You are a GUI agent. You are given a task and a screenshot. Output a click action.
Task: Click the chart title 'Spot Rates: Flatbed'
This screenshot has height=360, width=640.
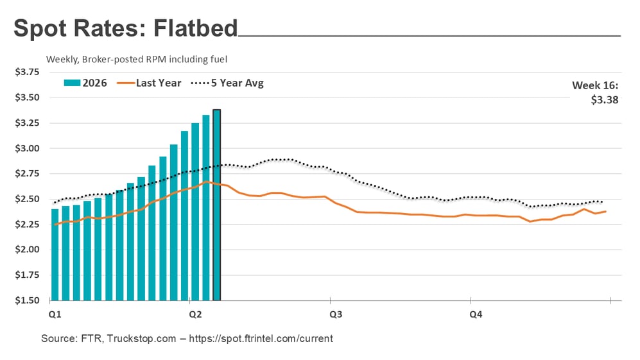[125, 29]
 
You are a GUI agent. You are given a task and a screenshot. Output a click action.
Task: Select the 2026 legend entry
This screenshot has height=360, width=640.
[85, 83]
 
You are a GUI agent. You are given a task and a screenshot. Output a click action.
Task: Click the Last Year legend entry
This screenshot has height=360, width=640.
[151, 83]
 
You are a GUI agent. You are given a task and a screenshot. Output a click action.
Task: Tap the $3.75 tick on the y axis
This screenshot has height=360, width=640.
[27, 73]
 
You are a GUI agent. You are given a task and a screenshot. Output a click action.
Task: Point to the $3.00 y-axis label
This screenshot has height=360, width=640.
[27, 148]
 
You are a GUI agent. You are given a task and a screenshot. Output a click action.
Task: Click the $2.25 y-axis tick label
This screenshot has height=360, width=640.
[27, 225]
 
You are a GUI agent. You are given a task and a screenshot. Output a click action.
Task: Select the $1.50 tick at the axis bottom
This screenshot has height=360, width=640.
[27, 300]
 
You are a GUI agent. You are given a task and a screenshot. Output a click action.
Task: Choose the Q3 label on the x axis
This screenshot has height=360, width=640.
[335, 314]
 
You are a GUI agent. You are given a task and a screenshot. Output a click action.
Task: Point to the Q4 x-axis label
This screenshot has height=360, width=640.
[476, 314]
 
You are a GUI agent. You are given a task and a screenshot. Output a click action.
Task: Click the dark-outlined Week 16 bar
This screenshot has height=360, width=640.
[217, 205]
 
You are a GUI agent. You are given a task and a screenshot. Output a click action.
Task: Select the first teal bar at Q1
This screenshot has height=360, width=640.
[55, 254]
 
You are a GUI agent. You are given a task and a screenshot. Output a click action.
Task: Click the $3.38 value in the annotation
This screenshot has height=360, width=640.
[605, 99]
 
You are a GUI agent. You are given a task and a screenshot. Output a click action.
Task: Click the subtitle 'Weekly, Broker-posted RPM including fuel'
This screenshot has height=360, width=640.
[137, 59]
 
